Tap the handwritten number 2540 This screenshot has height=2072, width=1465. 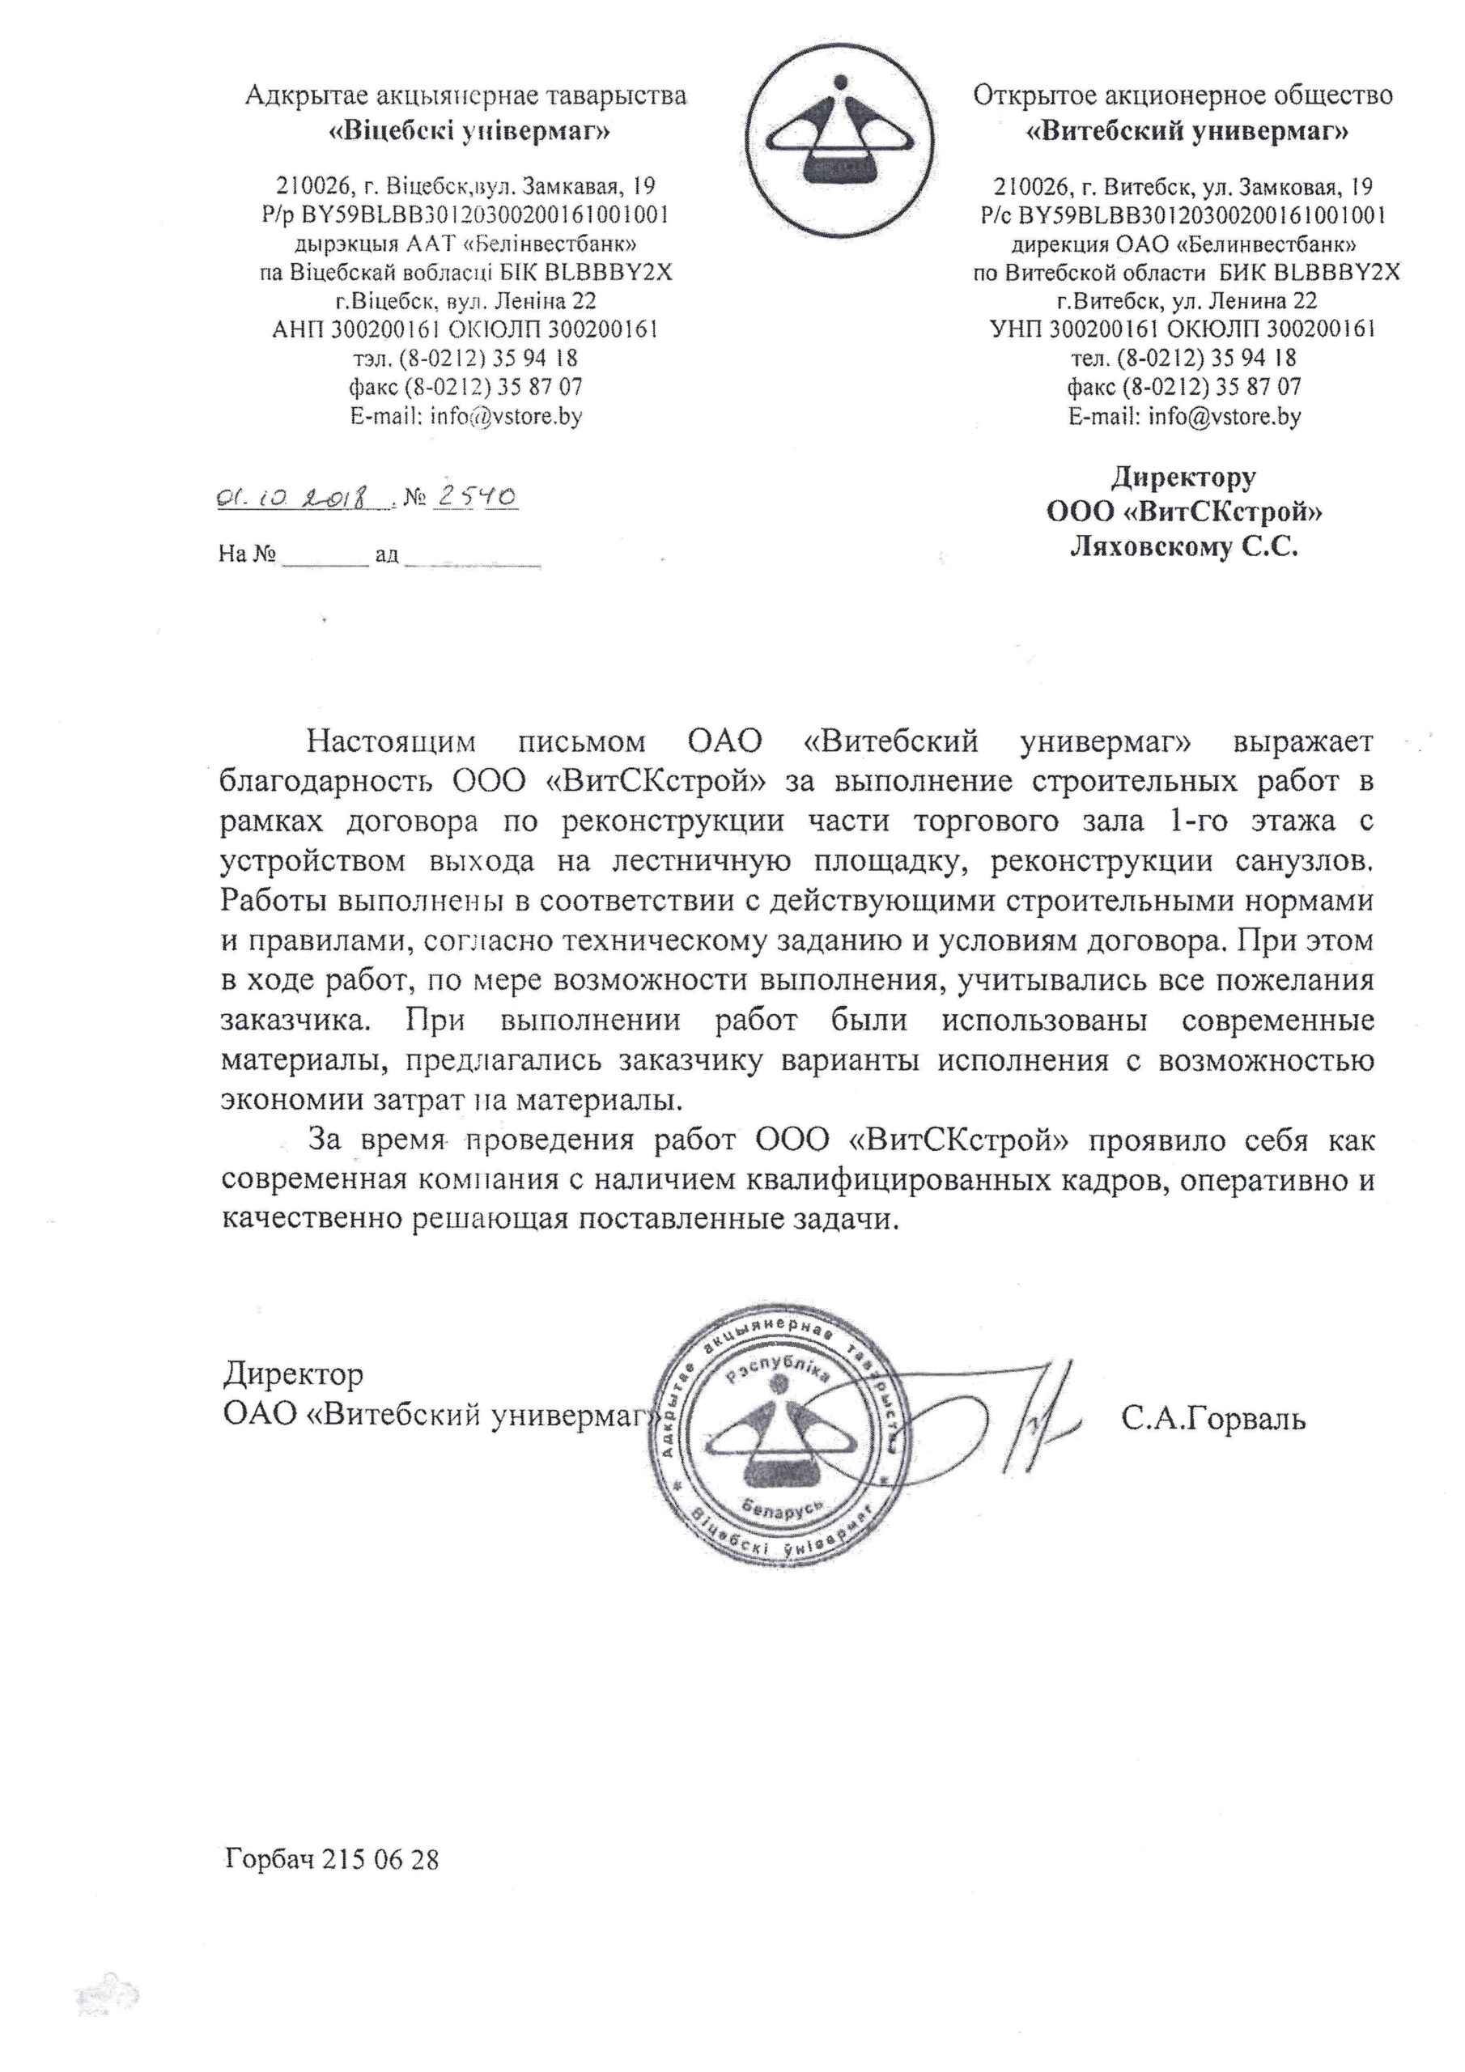[x=476, y=496]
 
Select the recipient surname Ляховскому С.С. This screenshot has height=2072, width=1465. [x=1183, y=547]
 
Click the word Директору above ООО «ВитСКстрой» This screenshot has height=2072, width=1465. [x=1183, y=477]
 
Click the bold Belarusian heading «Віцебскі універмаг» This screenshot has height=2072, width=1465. [x=467, y=134]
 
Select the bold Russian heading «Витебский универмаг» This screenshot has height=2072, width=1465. [x=1188, y=134]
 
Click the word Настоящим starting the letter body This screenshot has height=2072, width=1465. [x=391, y=742]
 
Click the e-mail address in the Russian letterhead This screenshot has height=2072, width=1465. [x=1224, y=417]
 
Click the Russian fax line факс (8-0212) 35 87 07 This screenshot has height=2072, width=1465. [x=1183, y=388]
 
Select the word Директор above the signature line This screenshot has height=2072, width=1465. [x=293, y=1374]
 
